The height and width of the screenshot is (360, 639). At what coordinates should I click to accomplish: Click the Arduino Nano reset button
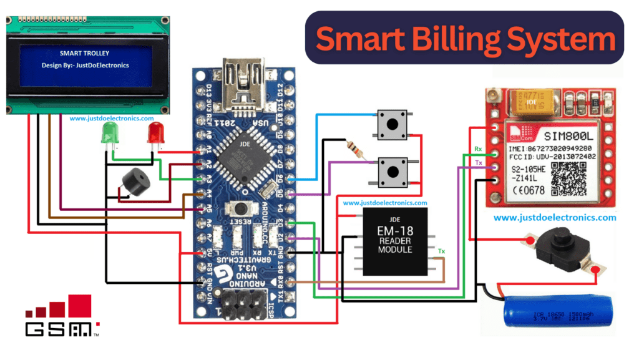tap(241, 210)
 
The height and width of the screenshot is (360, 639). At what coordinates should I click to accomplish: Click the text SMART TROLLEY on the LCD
tap(84, 54)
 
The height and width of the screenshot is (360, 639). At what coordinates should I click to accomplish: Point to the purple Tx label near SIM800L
tap(478, 162)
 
